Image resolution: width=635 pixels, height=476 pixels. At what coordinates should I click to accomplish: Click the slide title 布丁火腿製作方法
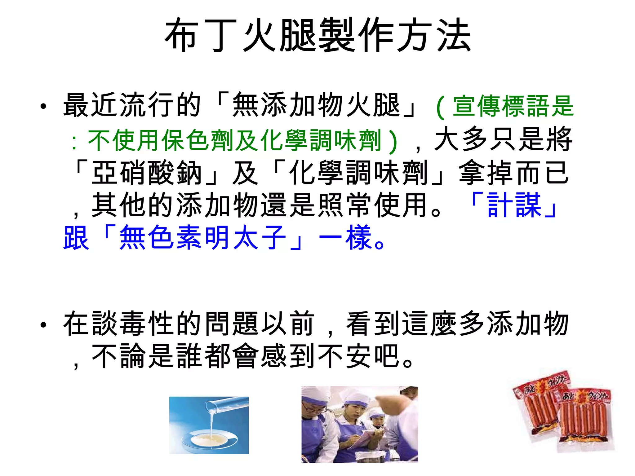point(317,35)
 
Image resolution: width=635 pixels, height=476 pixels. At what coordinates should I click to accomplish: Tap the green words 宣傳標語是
point(513,106)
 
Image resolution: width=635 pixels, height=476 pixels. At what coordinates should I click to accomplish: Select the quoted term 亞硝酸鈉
point(147,173)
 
